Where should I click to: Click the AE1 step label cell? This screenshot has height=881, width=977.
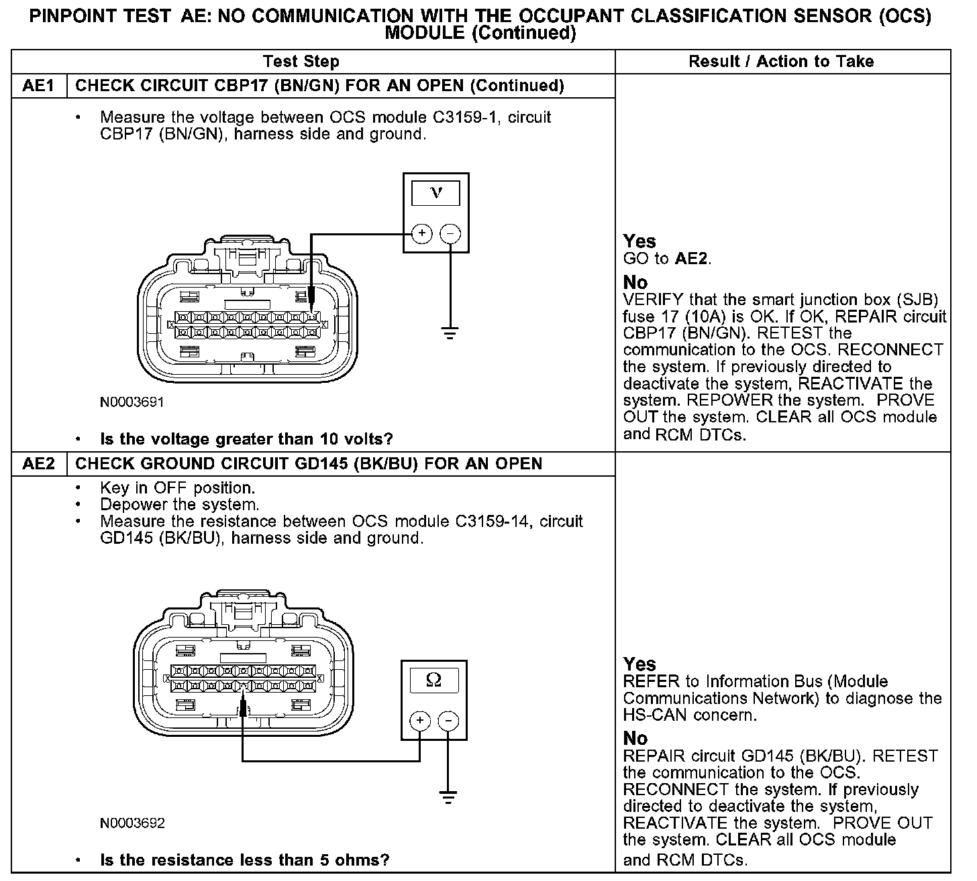[x=39, y=86]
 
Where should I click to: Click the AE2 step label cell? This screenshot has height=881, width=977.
[x=39, y=464]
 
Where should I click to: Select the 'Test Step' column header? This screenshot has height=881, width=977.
[x=301, y=62]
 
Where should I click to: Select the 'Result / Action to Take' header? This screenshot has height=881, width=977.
[x=781, y=62]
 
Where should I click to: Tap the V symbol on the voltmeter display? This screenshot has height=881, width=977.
[x=436, y=193]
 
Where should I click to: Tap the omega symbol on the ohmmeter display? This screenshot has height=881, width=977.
[x=434, y=681]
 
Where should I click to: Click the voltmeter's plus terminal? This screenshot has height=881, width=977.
[x=421, y=233]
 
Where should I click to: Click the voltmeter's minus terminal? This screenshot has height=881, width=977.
[x=450, y=233]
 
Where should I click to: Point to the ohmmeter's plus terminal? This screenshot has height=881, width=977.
[x=419, y=721]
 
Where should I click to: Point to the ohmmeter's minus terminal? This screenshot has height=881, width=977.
[x=448, y=721]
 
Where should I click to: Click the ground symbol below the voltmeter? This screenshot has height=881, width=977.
[x=450, y=331]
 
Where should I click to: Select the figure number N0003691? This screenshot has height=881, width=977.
[x=132, y=402]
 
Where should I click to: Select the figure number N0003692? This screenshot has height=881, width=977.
[x=132, y=823]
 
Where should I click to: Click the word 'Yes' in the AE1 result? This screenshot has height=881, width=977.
[x=639, y=241]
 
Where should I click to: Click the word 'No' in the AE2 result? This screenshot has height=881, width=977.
[x=635, y=738]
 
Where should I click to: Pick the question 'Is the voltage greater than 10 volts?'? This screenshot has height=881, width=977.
[x=246, y=439]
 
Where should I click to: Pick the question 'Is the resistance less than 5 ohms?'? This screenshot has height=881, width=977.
[x=244, y=860]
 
